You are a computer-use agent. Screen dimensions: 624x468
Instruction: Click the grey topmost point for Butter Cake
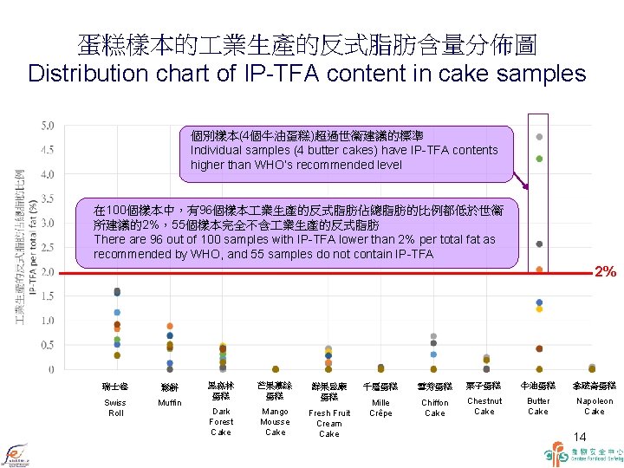(539, 137)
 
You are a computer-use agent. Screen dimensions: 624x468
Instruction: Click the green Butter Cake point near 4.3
(539, 159)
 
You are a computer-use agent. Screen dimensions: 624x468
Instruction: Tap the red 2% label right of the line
(605, 272)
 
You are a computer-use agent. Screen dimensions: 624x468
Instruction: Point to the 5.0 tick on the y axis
(47, 126)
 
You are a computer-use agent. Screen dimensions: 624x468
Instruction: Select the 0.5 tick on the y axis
(47, 345)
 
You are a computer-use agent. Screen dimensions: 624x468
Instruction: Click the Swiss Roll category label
(115, 407)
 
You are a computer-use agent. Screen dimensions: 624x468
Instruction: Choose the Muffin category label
(170, 403)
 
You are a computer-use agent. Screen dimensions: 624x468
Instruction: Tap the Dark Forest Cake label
(222, 421)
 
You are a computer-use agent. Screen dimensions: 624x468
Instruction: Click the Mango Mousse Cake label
(275, 421)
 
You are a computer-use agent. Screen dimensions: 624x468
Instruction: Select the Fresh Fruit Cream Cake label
(329, 423)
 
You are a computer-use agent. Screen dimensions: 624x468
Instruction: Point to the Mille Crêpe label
(380, 407)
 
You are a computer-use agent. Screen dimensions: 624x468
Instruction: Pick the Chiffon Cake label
(434, 407)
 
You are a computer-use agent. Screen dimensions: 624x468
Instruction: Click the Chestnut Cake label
(484, 406)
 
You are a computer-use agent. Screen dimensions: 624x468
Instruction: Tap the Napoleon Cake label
(595, 406)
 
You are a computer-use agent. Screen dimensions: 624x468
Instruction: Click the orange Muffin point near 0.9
(170, 326)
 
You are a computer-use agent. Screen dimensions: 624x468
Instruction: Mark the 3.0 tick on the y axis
(47, 224)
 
